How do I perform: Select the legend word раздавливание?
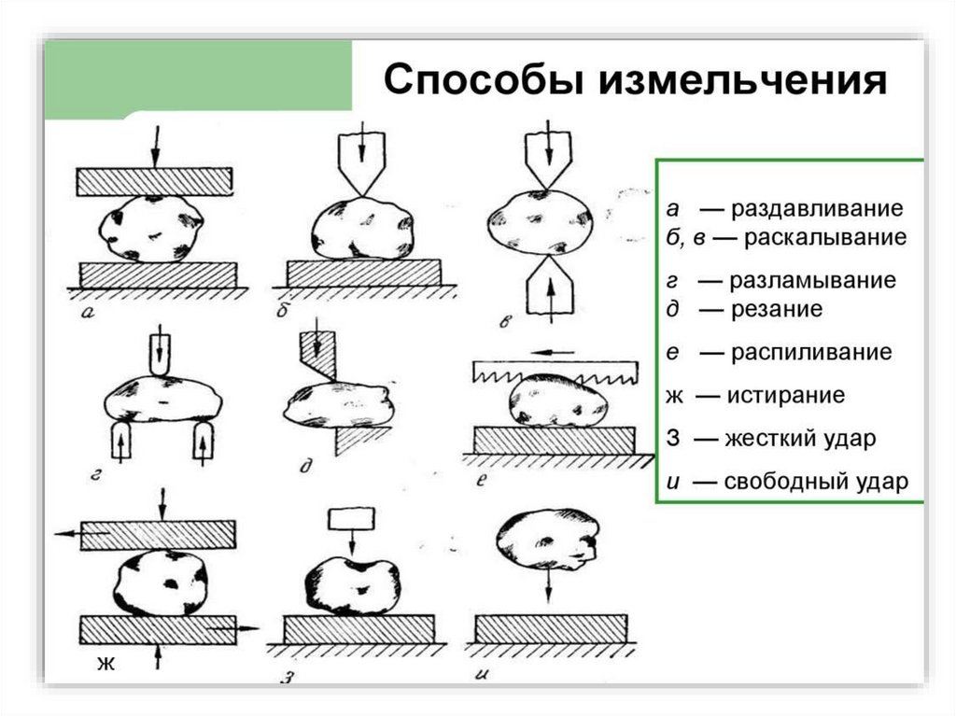(x=818, y=207)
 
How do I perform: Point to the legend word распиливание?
(x=811, y=353)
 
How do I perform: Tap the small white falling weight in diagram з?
(x=351, y=517)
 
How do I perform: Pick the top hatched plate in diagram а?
(x=154, y=181)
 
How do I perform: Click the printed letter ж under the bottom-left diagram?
(x=105, y=665)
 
